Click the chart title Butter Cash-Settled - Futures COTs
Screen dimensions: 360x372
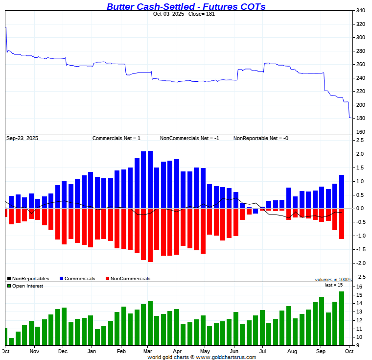pos(186,6)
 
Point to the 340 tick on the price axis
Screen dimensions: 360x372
pos(360,10)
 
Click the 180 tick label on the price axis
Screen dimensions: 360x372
pos(360,118)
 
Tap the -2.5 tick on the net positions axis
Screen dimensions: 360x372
pos(360,277)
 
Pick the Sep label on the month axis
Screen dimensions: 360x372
pos(321,351)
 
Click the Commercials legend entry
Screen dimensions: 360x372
pos(79,278)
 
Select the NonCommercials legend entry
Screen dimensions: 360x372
pos(130,278)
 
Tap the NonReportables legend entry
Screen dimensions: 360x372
pos(30,278)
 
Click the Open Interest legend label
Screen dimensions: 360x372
pos(27,286)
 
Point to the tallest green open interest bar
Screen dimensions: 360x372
pos(342,318)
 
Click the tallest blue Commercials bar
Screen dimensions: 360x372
pos(150,179)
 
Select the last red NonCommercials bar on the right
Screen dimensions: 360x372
pos(342,224)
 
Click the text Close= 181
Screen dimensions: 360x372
pos(201,14)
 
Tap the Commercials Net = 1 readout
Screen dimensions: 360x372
pos(116,138)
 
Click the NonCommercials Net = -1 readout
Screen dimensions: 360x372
pos(189,138)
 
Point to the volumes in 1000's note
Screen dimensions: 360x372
pos(333,280)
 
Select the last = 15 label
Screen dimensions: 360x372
pos(334,285)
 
